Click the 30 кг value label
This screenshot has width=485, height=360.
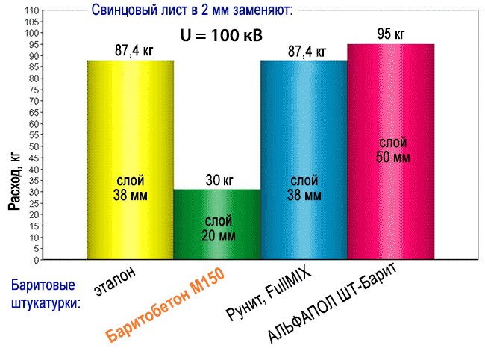point(217,180)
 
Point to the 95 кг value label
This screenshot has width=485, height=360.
point(390,34)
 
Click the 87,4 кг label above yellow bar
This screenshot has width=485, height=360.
point(130,52)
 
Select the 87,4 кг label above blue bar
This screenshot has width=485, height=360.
point(304,52)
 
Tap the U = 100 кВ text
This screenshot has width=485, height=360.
point(217,35)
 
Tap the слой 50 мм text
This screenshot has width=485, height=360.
point(390,149)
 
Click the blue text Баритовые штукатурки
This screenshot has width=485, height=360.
point(46,294)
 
